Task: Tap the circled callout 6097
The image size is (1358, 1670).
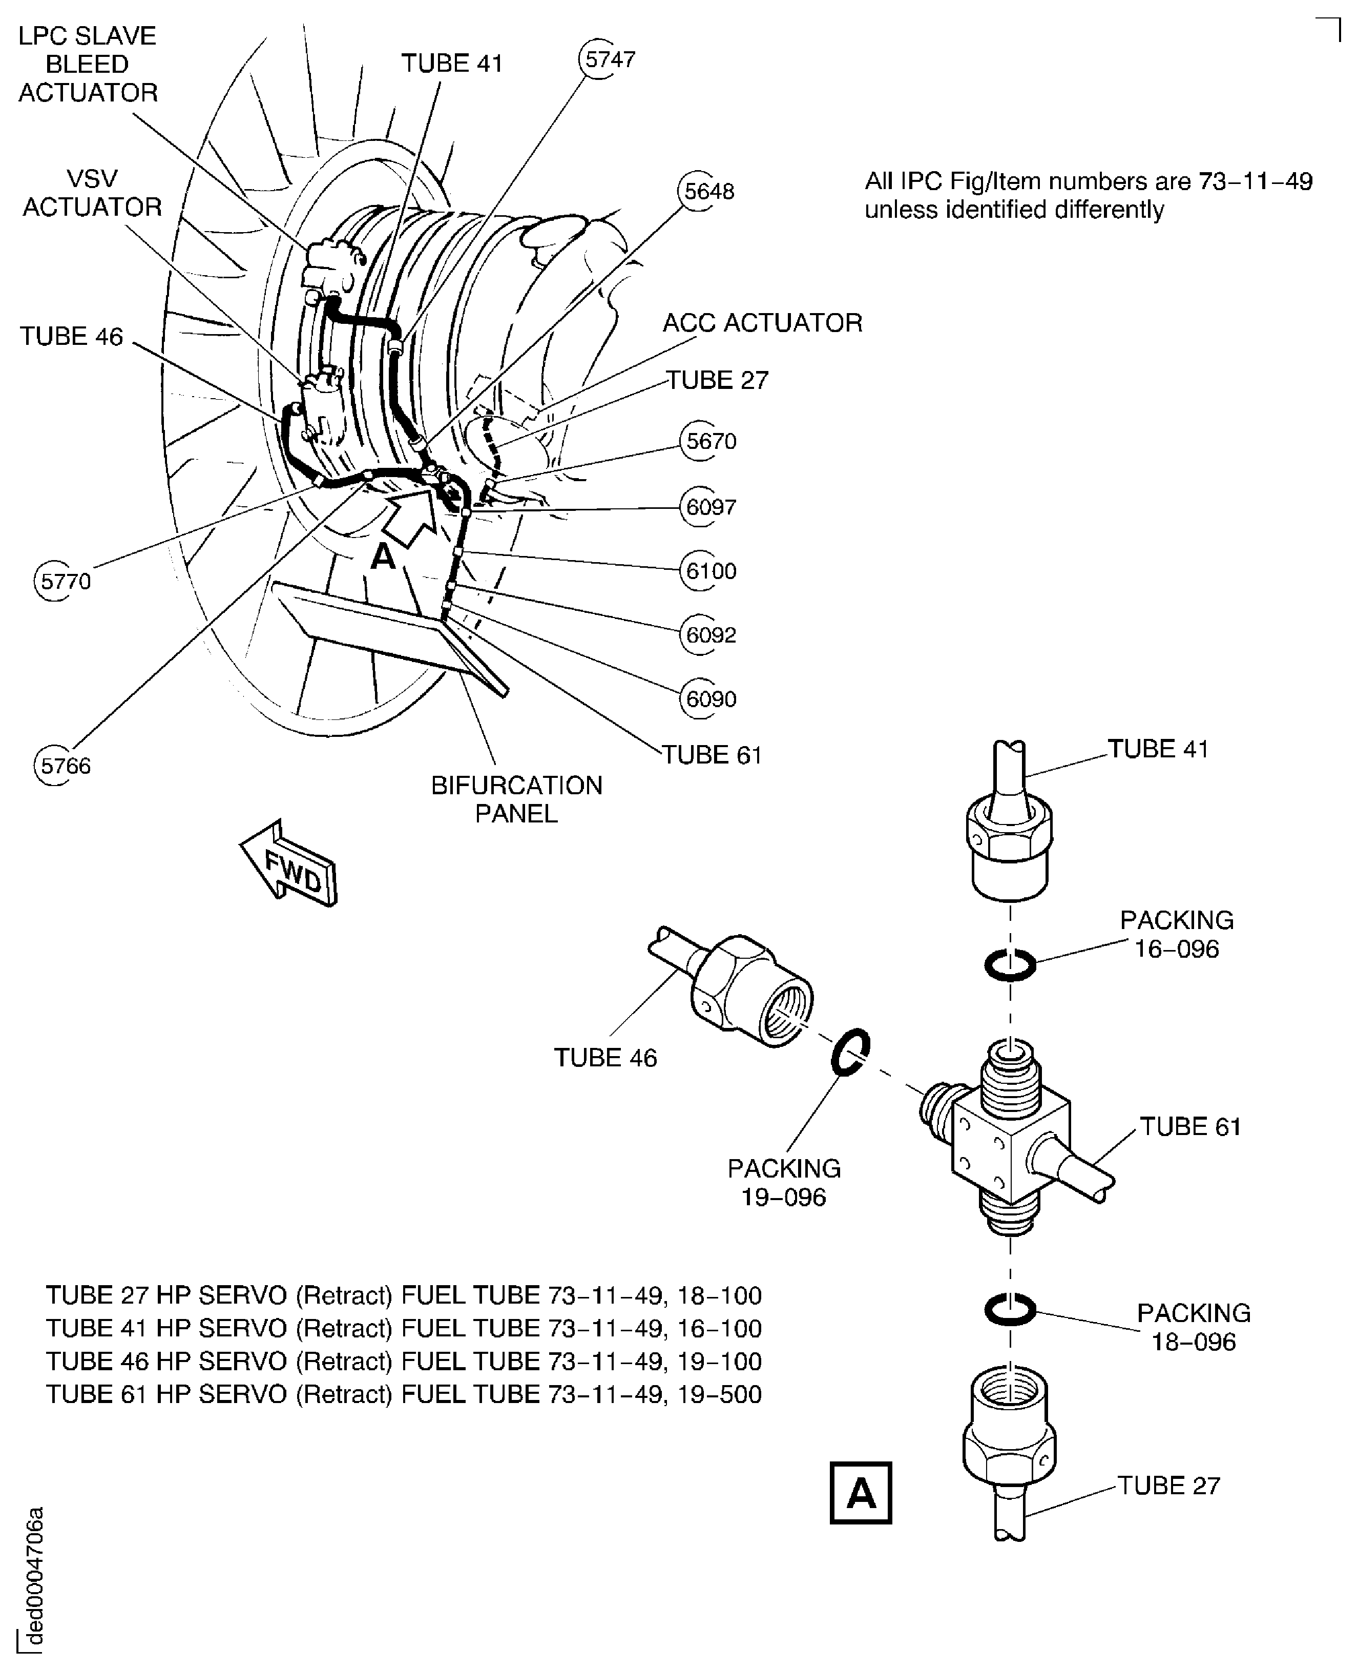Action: tap(709, 507)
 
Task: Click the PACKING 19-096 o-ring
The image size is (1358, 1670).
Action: tap(849, 1053)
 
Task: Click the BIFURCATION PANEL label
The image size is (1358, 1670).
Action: tap(516, 799)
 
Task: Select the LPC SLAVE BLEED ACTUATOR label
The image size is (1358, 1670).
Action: tap(88, 64)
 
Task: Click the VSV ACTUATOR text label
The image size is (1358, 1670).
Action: tap(92, 193)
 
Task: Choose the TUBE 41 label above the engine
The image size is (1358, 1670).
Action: tap(451, 64)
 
